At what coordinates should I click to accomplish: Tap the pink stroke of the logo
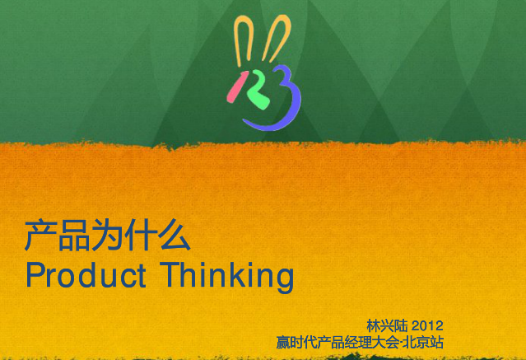(236, 87)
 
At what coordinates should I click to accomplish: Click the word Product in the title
(86, 275)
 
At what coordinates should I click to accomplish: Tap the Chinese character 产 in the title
(40, 235)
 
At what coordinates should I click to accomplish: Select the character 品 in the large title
(74, 235)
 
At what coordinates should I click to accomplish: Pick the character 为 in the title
(107, 235)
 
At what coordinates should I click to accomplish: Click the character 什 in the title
(140, 235)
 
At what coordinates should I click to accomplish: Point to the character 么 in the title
(174, 235)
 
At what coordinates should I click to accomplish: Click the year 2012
(427, 325)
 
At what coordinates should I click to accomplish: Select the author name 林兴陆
(387, 325)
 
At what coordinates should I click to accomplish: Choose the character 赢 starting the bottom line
(283, 343)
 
